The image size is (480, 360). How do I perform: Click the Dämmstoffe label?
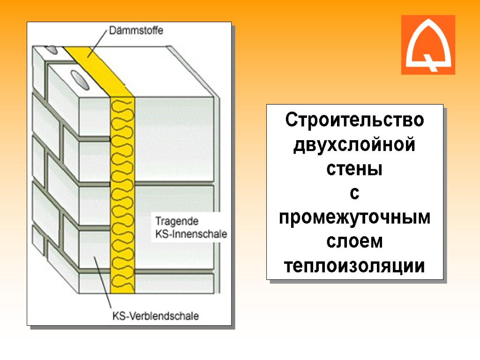[136, 31]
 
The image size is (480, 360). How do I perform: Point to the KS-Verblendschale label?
[156, 316]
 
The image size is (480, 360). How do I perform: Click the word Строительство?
[355, 120]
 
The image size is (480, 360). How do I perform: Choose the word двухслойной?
[355, 144]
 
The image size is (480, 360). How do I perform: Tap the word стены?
[355, 169]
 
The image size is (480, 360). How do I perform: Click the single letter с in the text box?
[355, 193]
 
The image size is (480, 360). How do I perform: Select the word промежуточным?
[355, 217]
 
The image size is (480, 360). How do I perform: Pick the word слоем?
[355, 242]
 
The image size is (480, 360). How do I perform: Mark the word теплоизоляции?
[355, 266]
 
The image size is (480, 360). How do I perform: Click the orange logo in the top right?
[428, 45]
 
